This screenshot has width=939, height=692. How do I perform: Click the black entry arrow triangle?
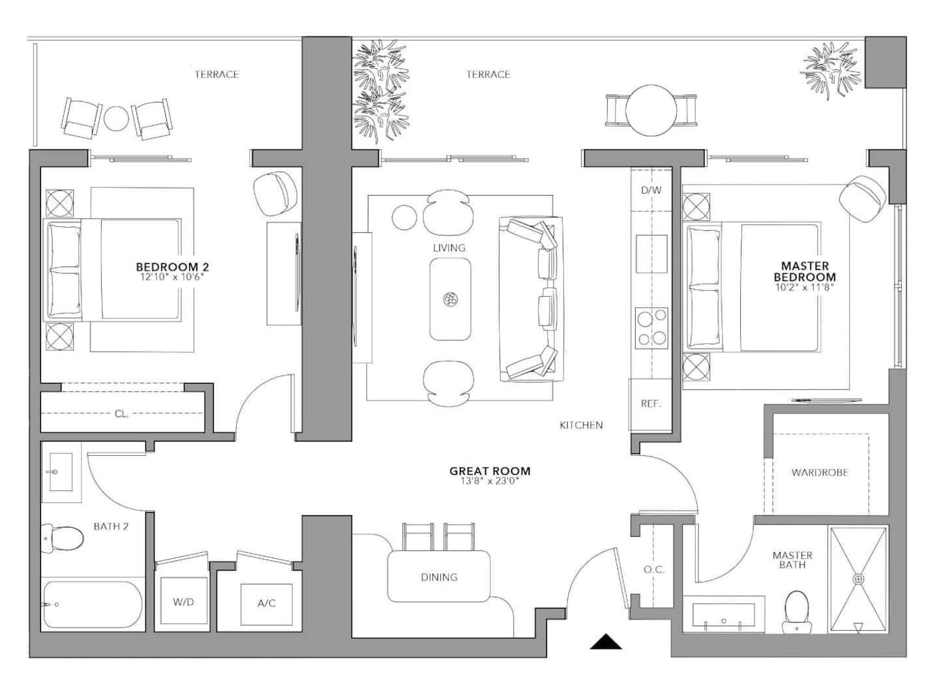(x=606, y=642)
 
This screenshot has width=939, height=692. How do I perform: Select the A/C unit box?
(x=267, y=605)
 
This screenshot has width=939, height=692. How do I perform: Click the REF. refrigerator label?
(x=651, y=404)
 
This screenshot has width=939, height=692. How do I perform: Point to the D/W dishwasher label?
(x=651, y=190)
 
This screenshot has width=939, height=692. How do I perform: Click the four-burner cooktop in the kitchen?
(x=652, y=328)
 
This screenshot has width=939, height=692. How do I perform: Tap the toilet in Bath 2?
(x=62, y=538)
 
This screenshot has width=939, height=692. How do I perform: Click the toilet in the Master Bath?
(x=796, y=612)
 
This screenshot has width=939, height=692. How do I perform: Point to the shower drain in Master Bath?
(x=859, y=579)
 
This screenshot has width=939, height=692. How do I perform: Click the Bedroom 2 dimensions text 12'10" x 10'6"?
(x=172, y=277)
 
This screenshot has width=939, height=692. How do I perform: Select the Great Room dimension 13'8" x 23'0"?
(x=490, y=481)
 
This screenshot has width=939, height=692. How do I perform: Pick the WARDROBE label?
(x=820, y=473)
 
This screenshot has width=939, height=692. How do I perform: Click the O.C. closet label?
(x=654, y=570)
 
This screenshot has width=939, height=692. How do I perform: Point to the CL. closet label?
(x=121, y=414)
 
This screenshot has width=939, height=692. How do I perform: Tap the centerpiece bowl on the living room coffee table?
(x=450, y=299)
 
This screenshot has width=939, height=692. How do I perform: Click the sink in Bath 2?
(x=61, y=472)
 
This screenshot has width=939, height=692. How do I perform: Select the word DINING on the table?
(x=439, y=577)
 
